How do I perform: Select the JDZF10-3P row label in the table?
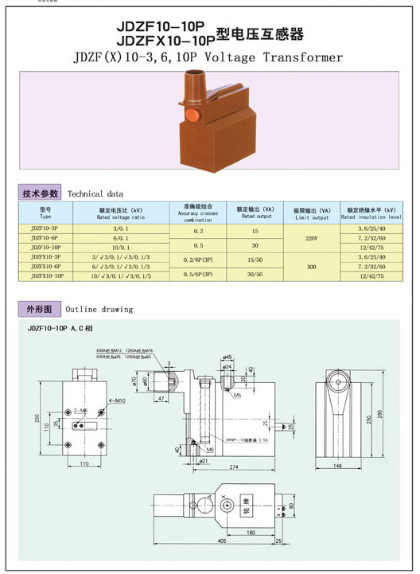(45, 229)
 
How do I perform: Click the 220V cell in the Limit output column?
(312, 238)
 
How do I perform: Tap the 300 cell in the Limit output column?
(312, 267)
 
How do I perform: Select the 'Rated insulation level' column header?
(371, 213)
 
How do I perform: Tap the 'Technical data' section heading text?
(95, 193)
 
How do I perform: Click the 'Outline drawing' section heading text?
(99, 309)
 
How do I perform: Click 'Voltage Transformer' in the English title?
(277, 57)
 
